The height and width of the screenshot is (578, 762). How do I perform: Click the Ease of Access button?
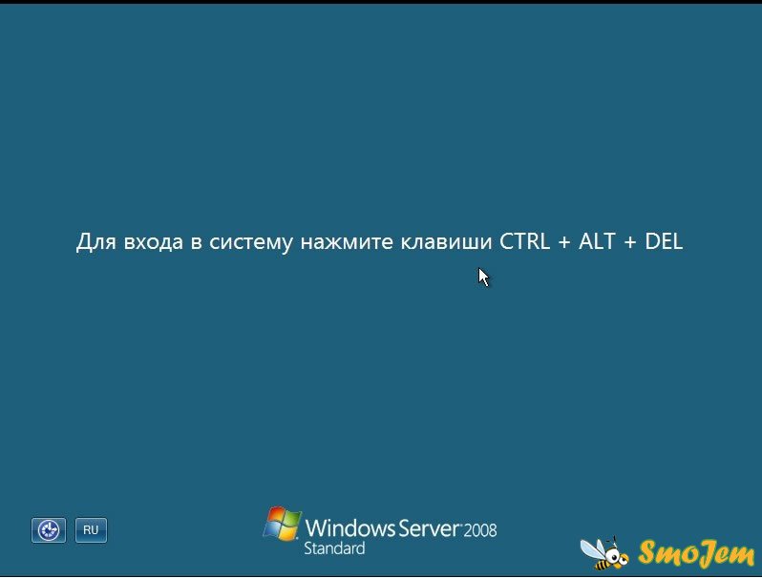coord(49,530)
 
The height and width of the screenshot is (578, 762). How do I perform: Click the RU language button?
coord(91,530)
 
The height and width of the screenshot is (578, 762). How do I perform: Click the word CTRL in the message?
coord(525,241)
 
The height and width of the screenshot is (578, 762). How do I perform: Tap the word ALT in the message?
coord(597,241)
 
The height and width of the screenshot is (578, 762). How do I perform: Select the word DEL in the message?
coord(664,241)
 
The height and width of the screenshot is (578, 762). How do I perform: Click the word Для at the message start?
coord(96,242)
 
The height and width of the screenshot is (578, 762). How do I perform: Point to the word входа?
coord(154,242)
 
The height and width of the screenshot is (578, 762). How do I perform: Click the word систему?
coord(251,243)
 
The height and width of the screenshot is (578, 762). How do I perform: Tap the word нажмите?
coord(347,242)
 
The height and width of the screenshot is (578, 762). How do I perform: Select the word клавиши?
coord(447,242)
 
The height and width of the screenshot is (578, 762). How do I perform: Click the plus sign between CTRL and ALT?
coord(564,242)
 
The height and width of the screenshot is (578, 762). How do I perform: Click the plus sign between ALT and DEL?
coord(630,242)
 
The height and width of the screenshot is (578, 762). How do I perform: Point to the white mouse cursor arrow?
coord(483,278)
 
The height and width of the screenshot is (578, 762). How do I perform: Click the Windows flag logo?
coord(282,524)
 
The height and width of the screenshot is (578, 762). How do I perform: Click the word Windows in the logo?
coord(350,528)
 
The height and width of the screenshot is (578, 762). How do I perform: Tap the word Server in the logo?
coord(429,528)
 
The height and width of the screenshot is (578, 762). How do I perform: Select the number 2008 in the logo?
coord(480,530)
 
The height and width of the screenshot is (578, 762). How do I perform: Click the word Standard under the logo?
coord(334,548)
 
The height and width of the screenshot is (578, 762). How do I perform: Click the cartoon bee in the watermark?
coord(604,553)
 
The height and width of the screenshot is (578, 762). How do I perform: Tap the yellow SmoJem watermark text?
coord(696,554)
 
